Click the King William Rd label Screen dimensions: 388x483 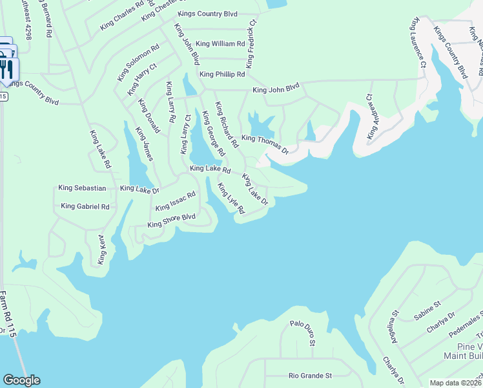[x=220, y=44]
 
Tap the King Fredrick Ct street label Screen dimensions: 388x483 [x=251, y=44]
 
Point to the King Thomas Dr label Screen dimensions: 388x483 [x=264, y=143]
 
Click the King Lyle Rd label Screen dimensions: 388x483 [x=231, y=199]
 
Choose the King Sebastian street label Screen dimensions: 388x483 [x=82, y=188]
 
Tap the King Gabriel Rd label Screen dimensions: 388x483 [x=85, y=206]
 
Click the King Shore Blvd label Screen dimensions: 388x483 [x=171, y=221]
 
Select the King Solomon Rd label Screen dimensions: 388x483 [x=138, y=63]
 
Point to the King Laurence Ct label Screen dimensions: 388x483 [x=416, y=44]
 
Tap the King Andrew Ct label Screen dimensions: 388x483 [x=371, y=117]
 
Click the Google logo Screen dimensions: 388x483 [x=21, y=380]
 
